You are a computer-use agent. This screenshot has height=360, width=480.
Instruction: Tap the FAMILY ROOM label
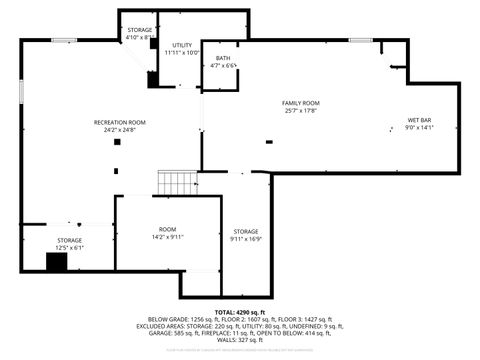tap(300, 103)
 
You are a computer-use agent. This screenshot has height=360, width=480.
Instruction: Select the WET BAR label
tap(419, 120)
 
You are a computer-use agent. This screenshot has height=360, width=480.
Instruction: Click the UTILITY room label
tap(182, 45)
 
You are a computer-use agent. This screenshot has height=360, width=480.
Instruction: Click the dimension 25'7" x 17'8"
tap(300, 111)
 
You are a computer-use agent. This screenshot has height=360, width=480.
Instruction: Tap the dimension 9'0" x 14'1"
tap(419, 128)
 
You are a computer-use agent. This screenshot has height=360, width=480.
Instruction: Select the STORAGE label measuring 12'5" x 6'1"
tap(69, 240)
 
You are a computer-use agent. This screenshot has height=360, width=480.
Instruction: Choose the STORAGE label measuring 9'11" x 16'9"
tap(245, 232)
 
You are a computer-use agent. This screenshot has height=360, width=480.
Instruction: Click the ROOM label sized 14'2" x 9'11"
tap(167, 229)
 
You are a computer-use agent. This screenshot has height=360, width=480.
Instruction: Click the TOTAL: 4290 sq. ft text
tap(240, 312)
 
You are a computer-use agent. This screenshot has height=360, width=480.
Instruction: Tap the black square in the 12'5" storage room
tap(56, 262)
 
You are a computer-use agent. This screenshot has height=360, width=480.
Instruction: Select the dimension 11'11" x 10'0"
tap(182, 52)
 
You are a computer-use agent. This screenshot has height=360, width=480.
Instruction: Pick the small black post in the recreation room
tap(117, 142)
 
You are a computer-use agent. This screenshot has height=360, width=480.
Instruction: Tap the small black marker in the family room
tap(268, 141)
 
